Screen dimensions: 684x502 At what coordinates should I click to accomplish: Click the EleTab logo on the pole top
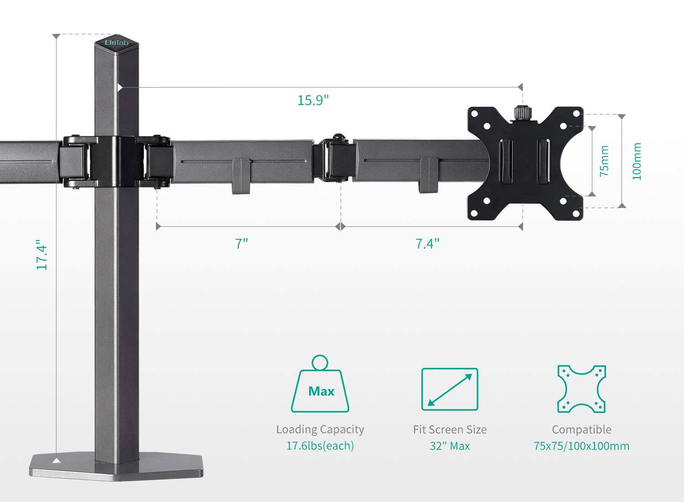click(x=116, y=42)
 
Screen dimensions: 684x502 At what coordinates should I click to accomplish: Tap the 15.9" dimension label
click(x=313, y=100)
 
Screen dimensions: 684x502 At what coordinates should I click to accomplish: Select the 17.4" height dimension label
click(x=42, y=255)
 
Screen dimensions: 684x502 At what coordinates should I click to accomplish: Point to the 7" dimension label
click(x=242, y=244)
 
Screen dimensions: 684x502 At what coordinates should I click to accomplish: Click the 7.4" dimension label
click(x=427, y=244)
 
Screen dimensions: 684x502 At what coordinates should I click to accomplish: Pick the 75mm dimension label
click(x=604, y=161)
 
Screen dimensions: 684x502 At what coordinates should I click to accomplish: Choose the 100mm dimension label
click(x=637, y=161)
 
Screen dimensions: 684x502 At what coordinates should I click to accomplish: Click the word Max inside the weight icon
click(x=321, y=391)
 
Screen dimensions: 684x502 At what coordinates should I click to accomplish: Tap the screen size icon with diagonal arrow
click(x=450, y=389)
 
